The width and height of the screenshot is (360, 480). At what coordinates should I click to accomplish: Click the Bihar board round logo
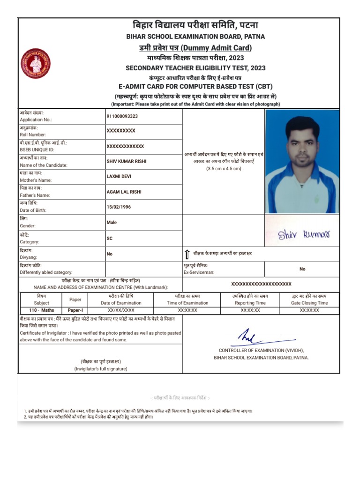coord(36,63)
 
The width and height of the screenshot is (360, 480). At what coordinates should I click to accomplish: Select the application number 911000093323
coord(122,116)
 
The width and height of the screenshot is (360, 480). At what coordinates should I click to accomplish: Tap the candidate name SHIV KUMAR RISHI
coord(127,161)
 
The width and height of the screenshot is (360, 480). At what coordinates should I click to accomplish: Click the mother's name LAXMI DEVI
coord(118,176)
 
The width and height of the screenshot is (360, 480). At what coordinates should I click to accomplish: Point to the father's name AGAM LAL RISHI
coord(124,192)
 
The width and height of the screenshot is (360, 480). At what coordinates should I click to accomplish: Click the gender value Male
coord(112,223)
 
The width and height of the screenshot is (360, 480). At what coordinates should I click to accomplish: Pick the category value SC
coord(110,238)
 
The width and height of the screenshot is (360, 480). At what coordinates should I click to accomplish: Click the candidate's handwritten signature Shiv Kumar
coord(304,234)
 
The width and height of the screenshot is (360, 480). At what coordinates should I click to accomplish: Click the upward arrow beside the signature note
coord(187,254)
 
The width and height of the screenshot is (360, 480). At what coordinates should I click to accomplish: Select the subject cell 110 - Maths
coord(41,310)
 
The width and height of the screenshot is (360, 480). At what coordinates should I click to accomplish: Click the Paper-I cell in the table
coord(75,310)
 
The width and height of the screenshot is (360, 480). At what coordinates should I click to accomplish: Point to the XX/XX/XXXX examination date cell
coord(121,310)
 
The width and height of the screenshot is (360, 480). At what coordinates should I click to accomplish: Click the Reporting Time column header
coord(250,303)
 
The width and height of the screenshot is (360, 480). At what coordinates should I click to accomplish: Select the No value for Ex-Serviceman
coord(302,269)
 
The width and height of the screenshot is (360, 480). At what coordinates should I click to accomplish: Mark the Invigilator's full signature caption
coord(100,369)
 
